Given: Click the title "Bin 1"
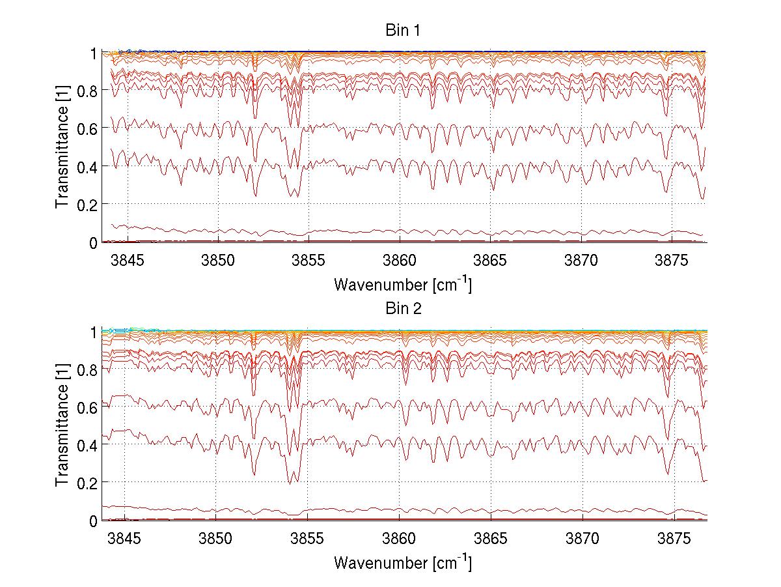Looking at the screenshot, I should click(x=403, y=31).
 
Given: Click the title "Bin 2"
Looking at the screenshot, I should click(x=403, y=309).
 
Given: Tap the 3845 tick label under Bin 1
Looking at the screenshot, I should click(x=127, y=261).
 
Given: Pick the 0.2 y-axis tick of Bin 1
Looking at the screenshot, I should click(x=86, y=205).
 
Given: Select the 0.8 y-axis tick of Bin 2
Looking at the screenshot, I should click(x=86, y=370).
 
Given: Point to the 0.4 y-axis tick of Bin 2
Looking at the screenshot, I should click(x=86, y=445).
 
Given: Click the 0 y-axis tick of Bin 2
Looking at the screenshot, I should click(x=92, y=521).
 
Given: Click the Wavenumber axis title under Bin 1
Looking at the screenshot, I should click(x=403, y=284).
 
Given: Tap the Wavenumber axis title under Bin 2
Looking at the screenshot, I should click(x=403, y=562).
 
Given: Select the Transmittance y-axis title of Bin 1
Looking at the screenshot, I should click(x=62, y=147).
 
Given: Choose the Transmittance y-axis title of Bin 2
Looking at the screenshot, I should click(x=62, y=425).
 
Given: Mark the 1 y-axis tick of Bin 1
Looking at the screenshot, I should click(x=92, y=53).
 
